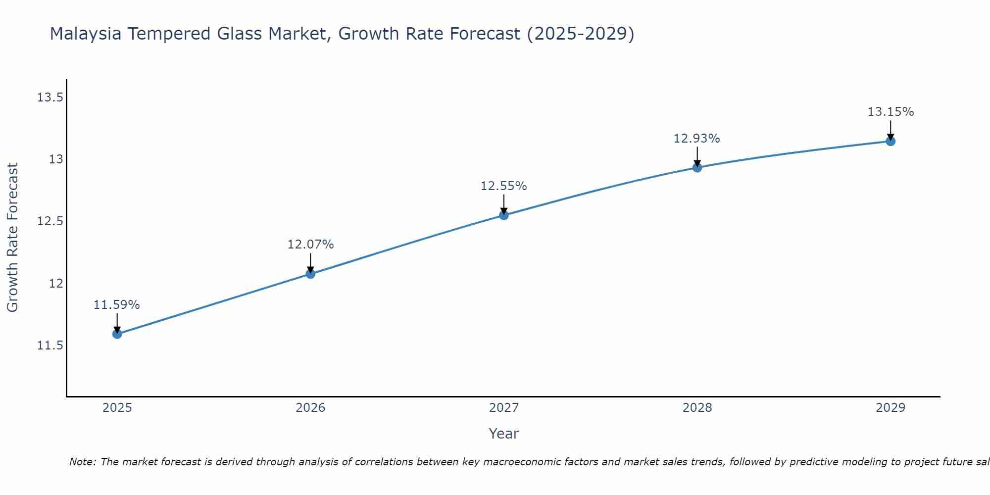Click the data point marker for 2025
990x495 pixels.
[x=117, y=334]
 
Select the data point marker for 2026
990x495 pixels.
[x=310, y=274]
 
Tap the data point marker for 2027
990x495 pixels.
[x=504, y=215]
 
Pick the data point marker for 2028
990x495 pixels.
[x=697, y=167]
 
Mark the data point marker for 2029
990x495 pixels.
[x=891, y=141]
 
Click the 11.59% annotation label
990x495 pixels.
[x=117, y=305]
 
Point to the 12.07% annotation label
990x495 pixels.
[x=310, y=245]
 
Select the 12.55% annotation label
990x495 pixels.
[x=504, y=186]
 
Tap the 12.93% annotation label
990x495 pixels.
[x=697, y=139]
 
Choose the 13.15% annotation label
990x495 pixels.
[x=891, y=112]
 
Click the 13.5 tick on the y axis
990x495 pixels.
[x=50, y=98]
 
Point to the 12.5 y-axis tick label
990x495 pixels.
[x=50, y=221]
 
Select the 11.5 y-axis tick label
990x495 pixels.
[x=50, y=346]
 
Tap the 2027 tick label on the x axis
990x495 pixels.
[x=504, y=408]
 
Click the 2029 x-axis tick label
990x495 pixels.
[x=891, y=408]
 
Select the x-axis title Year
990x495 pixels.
[x=504, y=434]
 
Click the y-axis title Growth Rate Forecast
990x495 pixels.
[x=12, y=238]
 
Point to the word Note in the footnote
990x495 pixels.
[x=82, y=462]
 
